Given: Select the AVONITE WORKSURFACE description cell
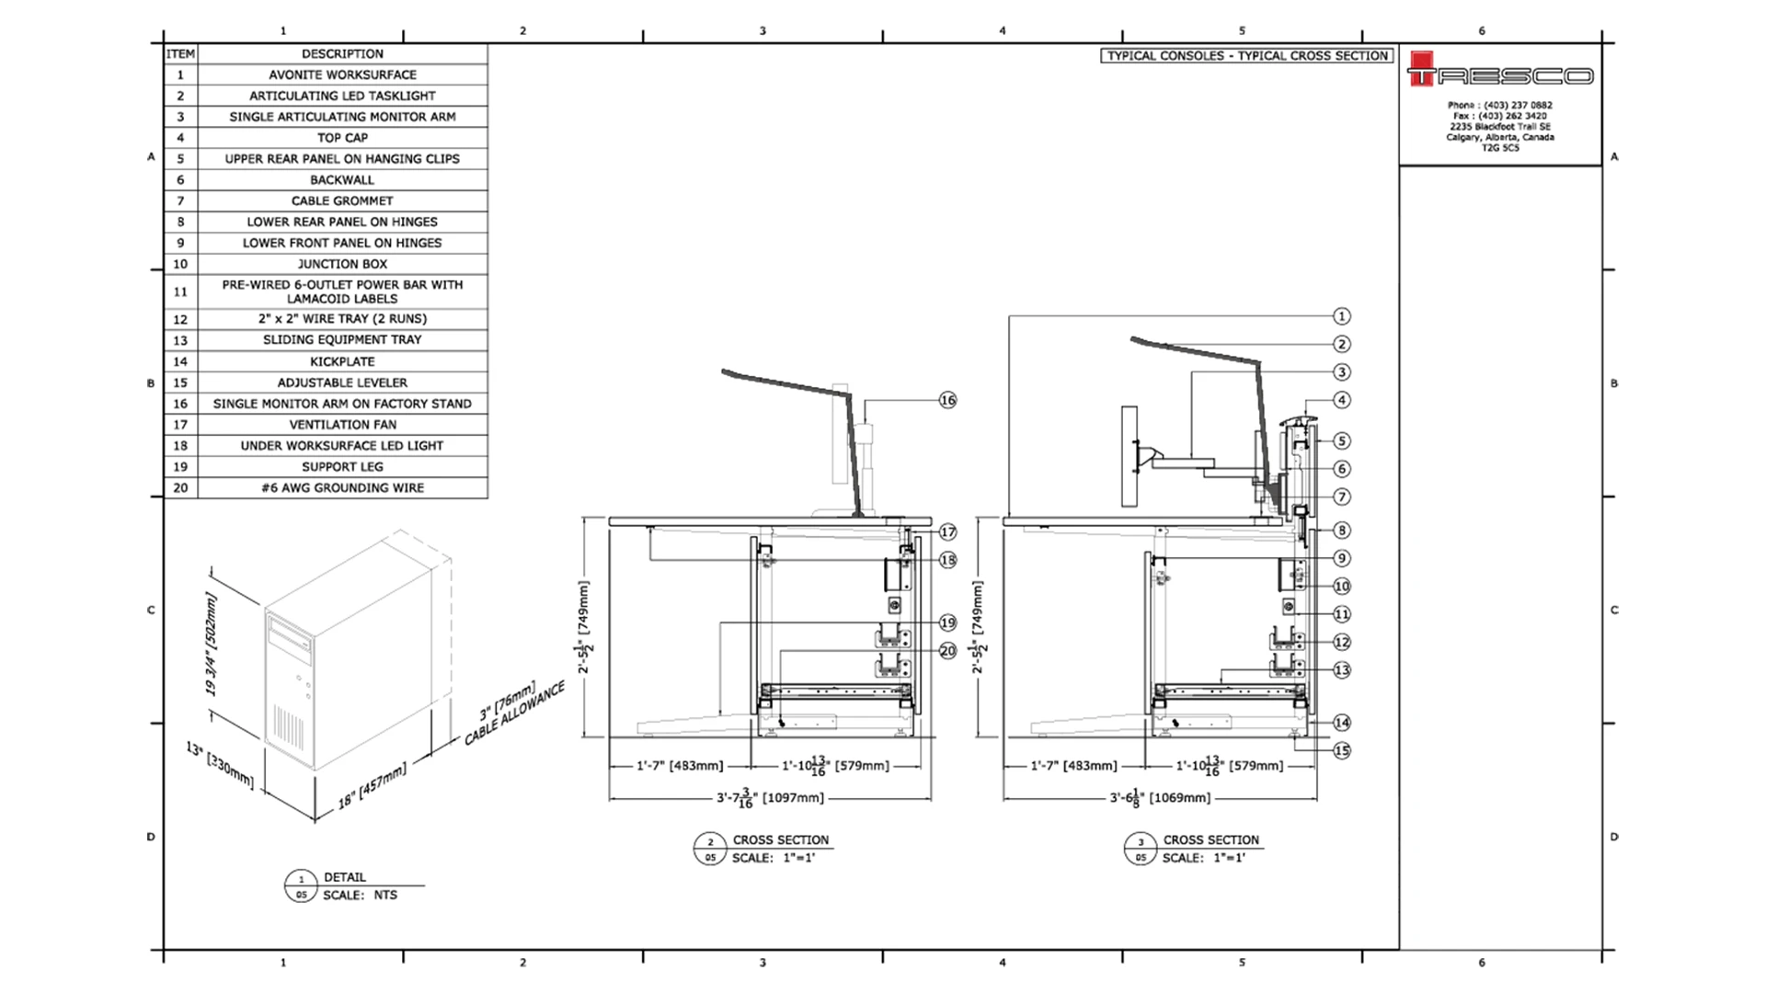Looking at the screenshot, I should click(x=342, y=74).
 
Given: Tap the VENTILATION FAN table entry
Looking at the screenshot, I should click(x=342, y=425).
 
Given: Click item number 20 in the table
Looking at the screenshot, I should click(x=180, y=488).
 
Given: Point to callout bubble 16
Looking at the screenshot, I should click(x=947, y=400).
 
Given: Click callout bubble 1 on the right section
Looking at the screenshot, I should click(x=1341, y=316).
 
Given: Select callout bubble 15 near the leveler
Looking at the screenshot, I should click(x=1341, y=750).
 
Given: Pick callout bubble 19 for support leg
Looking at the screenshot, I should click(x=947, y=622).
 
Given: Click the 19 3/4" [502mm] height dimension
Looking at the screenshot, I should click(x=212, y=644).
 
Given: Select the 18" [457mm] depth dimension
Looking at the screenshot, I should click(x=372, y=787).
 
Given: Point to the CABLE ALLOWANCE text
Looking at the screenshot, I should click(x=514, y=714).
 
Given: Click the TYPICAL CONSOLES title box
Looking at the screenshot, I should click(x=1246, y=56).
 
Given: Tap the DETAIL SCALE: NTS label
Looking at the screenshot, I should click(x=359, y=886).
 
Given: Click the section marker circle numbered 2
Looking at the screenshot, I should click(x=709, y=841).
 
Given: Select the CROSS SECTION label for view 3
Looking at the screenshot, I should click(x=1210, y=840).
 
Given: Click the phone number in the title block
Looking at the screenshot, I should click(x=1499, y=106).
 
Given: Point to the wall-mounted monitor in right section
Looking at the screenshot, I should click(x=1130, y=457).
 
